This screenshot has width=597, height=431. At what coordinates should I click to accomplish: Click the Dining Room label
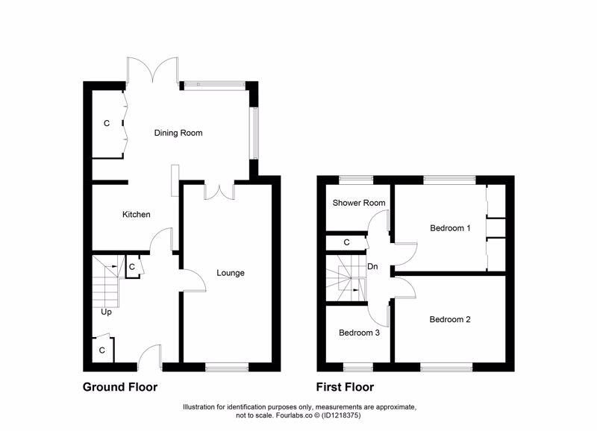tap(178, 133)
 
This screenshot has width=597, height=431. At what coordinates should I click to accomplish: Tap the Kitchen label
tap(137, 215)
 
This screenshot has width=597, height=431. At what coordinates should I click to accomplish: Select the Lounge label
tap(231, 273)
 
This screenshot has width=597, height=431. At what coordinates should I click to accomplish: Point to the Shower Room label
tap(359, 203)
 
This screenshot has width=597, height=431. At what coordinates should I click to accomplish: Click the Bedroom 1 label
tap(450, 228)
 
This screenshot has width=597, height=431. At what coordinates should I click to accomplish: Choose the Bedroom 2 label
tap(450, 319)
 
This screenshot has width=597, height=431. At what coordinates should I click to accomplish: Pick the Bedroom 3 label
tap(359, 333)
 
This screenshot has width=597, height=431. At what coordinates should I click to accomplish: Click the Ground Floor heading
tap(119, 387)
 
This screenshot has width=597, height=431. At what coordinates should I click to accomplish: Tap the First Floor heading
tap(346, 387)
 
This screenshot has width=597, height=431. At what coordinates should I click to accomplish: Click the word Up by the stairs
tap(107, 312)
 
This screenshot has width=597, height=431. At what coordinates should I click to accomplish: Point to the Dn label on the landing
tap(372, 266)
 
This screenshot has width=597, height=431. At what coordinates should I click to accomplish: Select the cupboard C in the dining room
tap(107, 124)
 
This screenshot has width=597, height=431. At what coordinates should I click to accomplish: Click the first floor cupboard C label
tap(346, 242)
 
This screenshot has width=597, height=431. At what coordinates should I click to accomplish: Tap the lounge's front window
tap(227, 365)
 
